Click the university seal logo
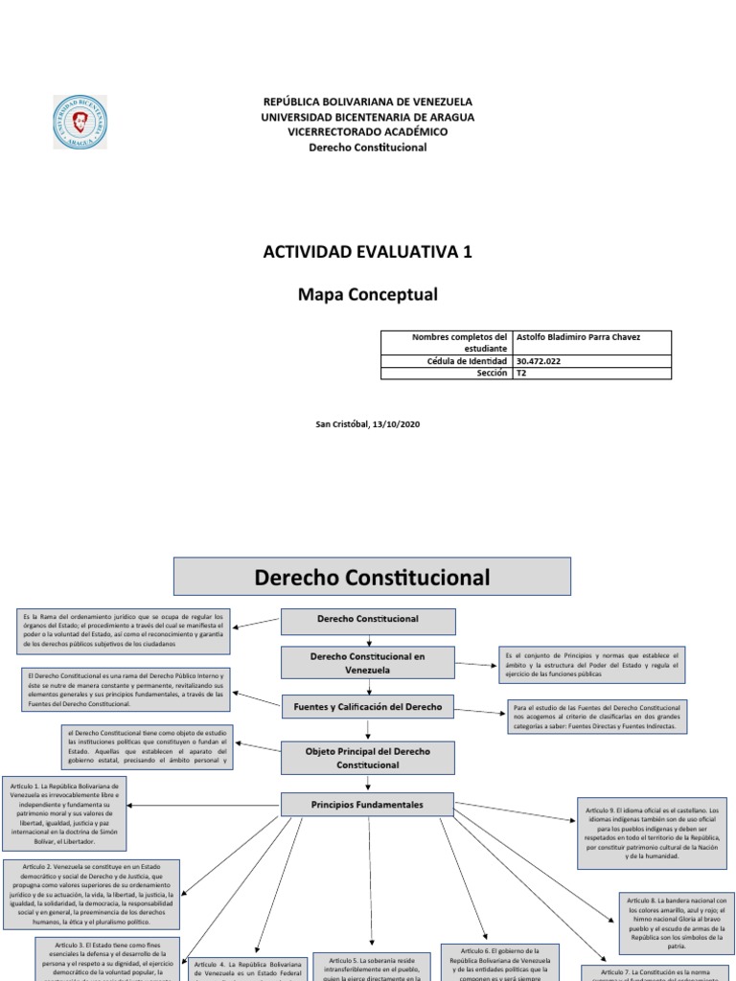79,122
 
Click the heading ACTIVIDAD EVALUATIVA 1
367,252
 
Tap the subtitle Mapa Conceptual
367,294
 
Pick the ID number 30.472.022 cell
591,361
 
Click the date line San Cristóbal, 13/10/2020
367,424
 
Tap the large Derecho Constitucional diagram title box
372,578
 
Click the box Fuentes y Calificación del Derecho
367,707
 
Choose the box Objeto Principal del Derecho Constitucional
367,758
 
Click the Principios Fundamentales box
367,804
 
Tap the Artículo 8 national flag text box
677,923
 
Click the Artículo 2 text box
91,895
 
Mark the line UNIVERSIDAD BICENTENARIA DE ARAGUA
367,117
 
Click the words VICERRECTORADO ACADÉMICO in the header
367,132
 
